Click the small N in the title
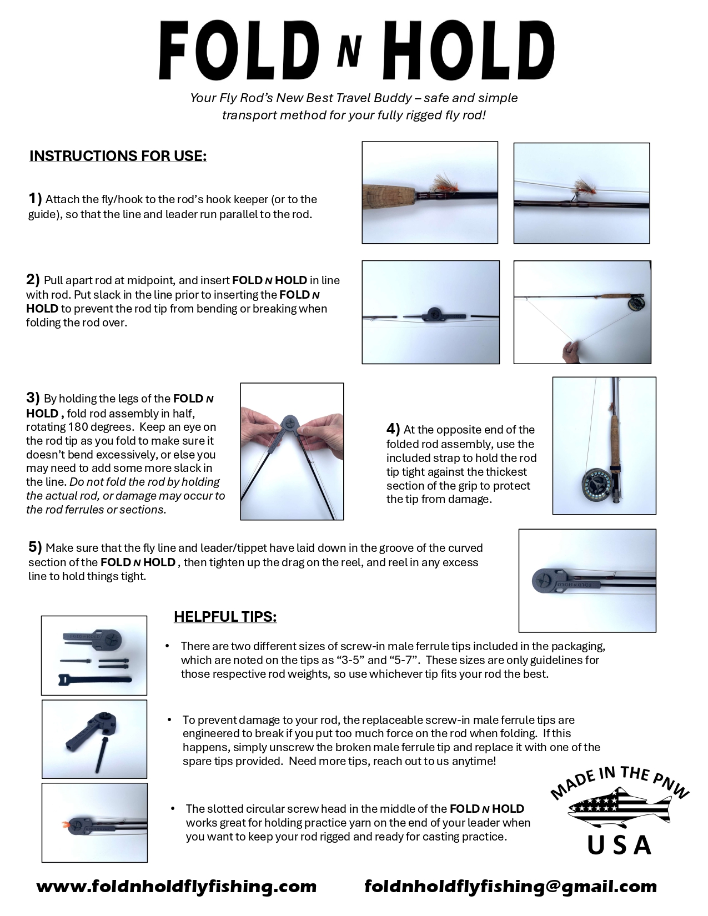(x=349, y=52)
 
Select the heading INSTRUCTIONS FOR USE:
(x=118, y=156)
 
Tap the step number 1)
(x=36, y=198)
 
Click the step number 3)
(x=33, y=397)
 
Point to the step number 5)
(x=36, y=547)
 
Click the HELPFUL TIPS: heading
(x=225, y=616)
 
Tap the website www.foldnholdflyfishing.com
(x=177, y=886)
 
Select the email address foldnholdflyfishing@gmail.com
(x=511, y=886)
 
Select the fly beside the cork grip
(x=443, y=183)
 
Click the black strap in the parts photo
(x=95, y=679)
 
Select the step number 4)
(x=393, y=429)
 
